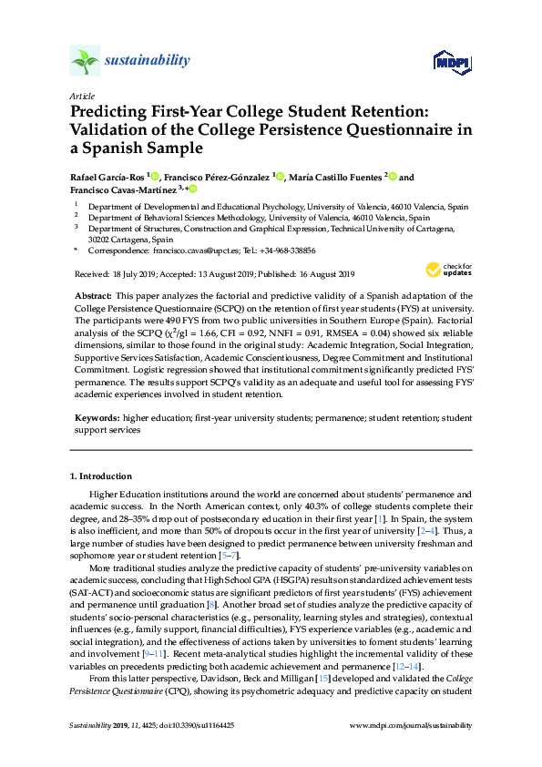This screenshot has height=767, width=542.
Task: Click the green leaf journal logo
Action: [x=85, y=61]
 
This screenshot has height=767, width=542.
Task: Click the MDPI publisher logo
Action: [x=452, y=62]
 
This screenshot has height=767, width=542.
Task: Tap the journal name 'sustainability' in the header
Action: [x=148, y=61]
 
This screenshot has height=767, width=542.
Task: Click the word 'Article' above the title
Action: [x=81, y=95]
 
